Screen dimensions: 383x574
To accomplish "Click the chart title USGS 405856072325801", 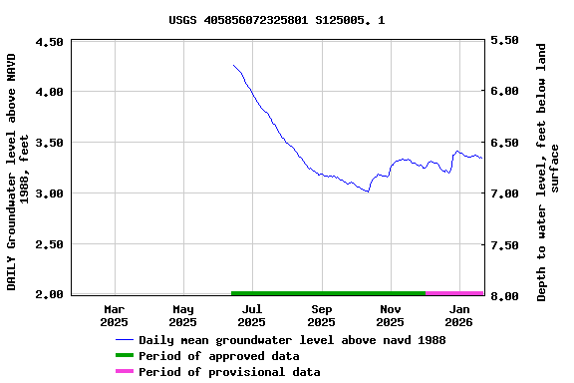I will point(277,20).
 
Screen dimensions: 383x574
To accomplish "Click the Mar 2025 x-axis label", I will point(115,316).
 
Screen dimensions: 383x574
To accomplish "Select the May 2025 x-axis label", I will point(183,316).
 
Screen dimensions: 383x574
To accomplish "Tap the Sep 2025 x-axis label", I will point(321,316).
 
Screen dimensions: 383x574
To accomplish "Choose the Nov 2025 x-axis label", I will point(390,316).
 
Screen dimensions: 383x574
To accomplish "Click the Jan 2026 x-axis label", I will point(458,316).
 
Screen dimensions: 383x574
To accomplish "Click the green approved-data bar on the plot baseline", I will point(329,293).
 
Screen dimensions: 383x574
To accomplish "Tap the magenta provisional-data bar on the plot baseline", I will point(454,293).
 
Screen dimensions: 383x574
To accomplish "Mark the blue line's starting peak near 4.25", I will point(233,66).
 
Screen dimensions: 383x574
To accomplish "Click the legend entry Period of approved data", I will point(218,356).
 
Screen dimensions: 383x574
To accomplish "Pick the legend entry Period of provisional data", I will point(229,372).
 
